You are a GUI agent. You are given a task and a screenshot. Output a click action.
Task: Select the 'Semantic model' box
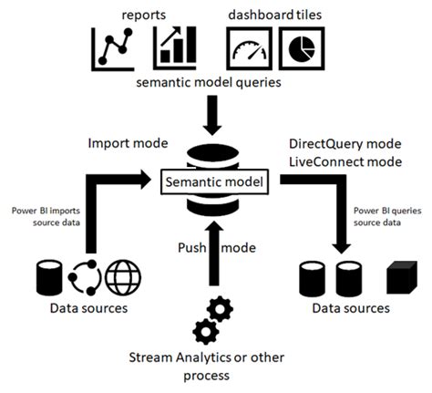[215, 182]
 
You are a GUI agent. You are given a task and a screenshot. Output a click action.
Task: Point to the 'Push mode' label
[205, 247]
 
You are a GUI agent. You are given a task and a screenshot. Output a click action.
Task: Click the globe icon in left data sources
[121, 277]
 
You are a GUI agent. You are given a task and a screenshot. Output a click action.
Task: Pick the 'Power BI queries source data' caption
[386, 216]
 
